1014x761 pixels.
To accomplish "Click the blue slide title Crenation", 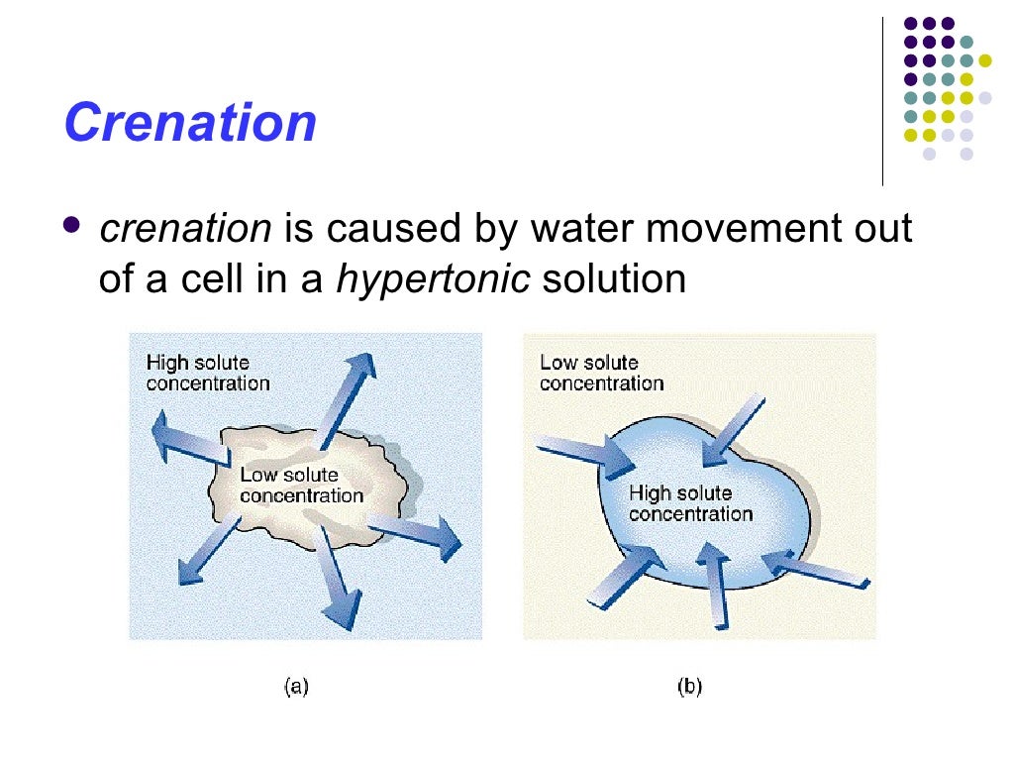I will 190,124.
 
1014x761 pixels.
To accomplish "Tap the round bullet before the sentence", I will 72,226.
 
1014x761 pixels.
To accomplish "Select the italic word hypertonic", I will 433,278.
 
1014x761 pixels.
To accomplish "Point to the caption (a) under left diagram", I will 296,686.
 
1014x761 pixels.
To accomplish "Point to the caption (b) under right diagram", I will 690,686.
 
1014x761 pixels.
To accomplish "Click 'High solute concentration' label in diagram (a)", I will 207,373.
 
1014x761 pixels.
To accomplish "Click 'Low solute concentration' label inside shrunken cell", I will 301,486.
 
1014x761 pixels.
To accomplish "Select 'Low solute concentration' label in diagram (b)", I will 601,373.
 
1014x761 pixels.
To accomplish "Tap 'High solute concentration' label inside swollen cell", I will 690,503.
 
